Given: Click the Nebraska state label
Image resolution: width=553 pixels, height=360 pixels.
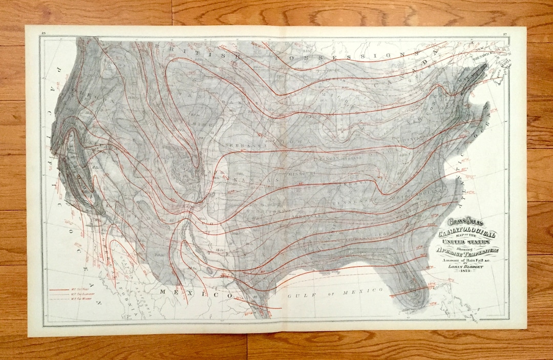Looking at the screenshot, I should [x=250, y=145].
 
